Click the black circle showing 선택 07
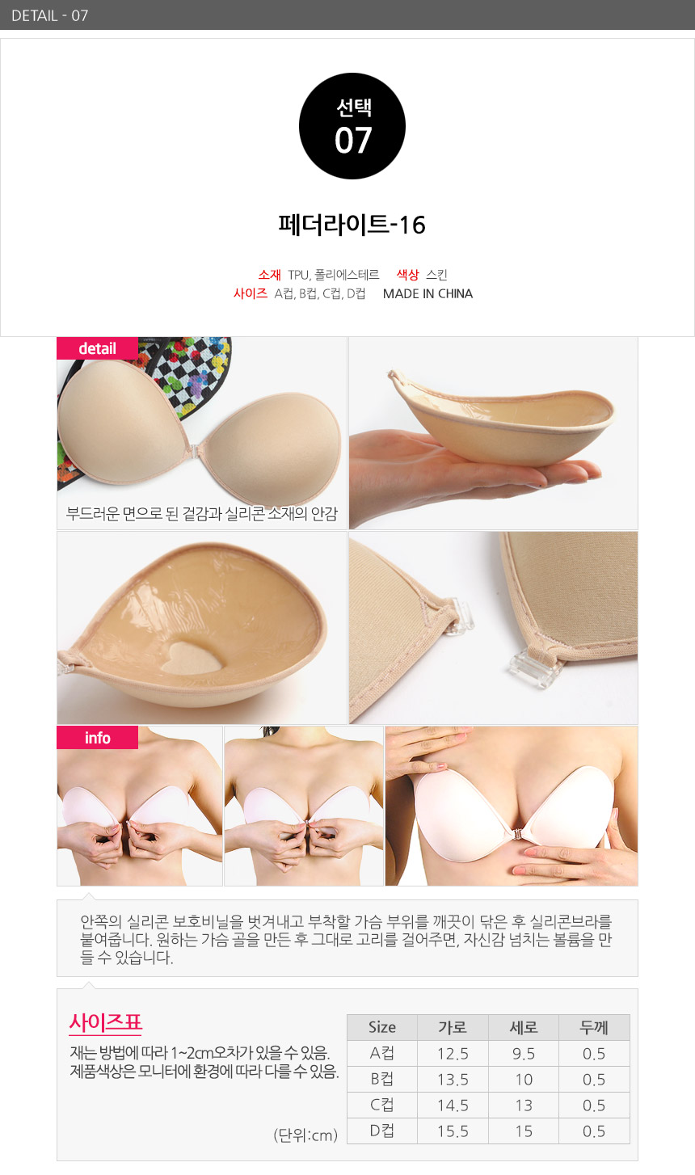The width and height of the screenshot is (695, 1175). pos(352,126)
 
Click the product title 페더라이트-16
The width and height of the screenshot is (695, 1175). pos(352,225)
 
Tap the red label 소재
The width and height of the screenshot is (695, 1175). pos(269,274)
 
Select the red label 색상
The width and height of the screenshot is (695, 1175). pos(407,274)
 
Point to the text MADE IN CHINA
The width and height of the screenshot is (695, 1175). pos(428,294)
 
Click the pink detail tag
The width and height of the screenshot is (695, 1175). pos(97,348)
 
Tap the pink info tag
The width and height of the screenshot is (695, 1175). pos(97,738)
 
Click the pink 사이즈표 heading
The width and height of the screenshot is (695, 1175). pos(105,1022)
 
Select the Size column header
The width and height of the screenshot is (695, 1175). pos(382,1027)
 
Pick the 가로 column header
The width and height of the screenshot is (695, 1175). pos(453,1027)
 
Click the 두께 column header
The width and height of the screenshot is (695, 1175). pos(594,1027)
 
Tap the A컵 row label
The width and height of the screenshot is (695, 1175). pos(382,1053)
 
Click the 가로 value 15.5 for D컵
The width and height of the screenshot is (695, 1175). pos(453,1131)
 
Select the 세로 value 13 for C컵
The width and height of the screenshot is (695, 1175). pos(524,1106)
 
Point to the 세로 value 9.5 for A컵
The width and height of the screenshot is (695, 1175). pos(524,1053)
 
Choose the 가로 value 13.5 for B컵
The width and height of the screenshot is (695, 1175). pos(453,1080)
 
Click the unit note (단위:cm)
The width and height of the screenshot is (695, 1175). pos(305,1135)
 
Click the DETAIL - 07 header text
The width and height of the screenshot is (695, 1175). pos(50,15)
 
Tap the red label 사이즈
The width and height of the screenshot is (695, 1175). pos(251,293)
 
